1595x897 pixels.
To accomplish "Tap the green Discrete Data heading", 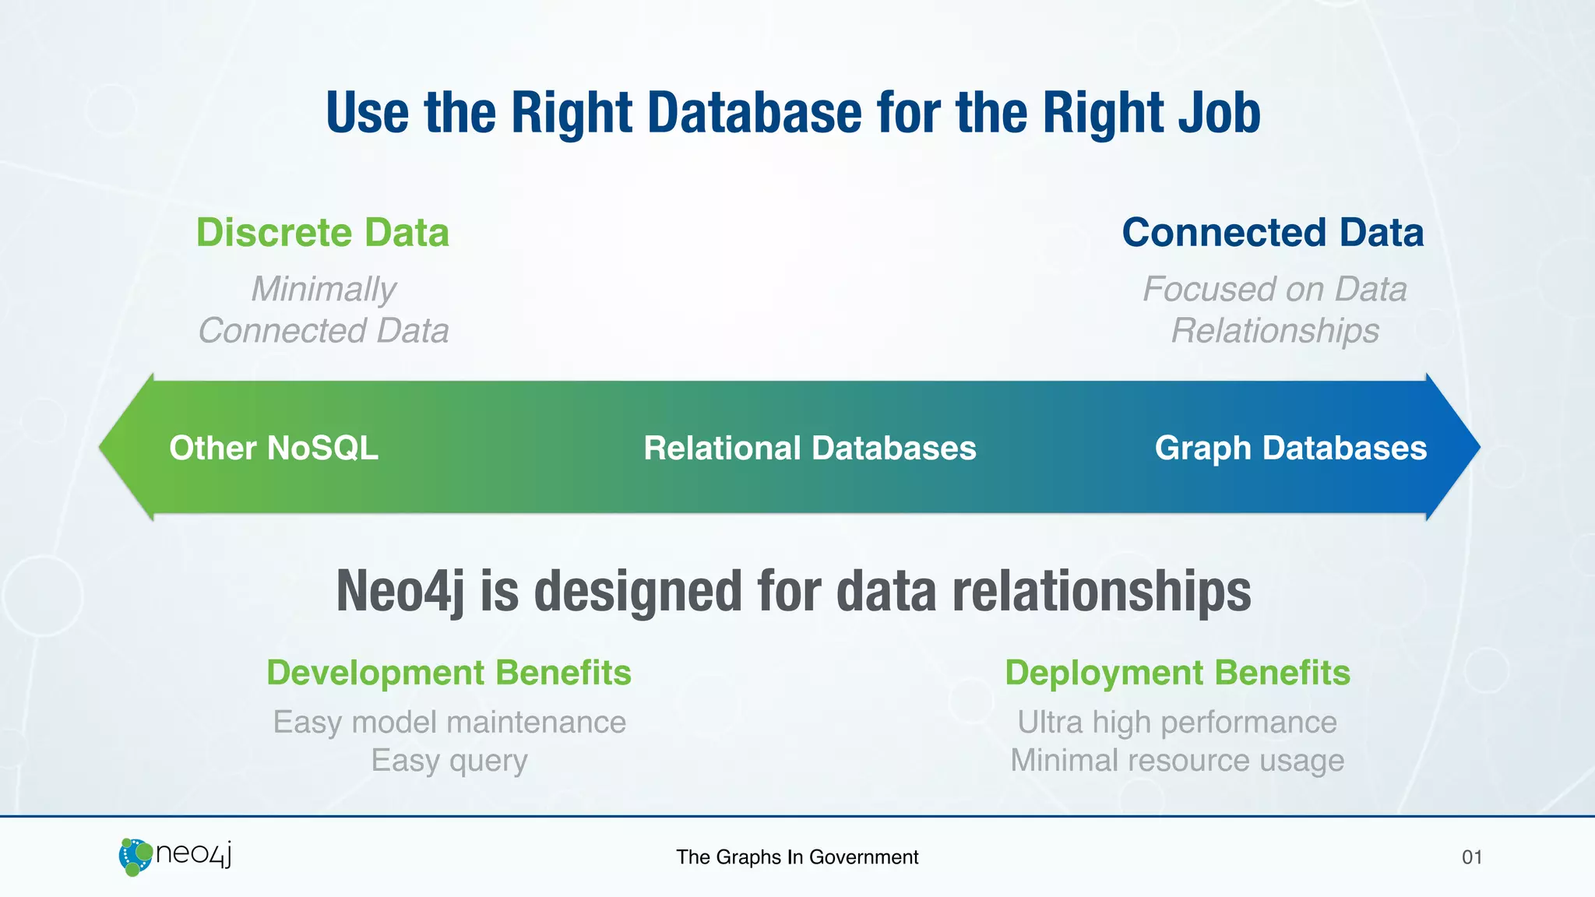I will click(x=322, y=233).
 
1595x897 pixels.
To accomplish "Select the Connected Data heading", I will click(x=1273, y=233).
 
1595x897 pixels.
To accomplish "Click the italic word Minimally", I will click(x=323, y=289).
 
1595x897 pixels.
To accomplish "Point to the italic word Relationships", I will click(x=1275, y=331).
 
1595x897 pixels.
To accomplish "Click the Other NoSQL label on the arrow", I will click(x=273, y=448).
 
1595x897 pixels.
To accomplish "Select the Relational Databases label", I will click(x=809, y=448).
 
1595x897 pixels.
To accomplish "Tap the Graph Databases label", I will click(x=1290, y=448).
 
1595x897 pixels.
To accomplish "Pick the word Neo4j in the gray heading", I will click(x=400, y=592).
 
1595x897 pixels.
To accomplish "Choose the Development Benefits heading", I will click(x=449, y=673).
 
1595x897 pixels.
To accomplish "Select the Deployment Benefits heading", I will click(x=1177, y=673).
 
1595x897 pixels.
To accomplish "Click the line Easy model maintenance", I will click(x=449, y=723).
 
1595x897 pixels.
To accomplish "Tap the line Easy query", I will click(x=449, y=761).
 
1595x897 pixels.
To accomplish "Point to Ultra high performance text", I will click(x=1177, y=723).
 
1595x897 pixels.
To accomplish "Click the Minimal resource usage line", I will click(x=1177, y=761).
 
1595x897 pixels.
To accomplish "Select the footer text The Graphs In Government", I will click(x=797, y=857).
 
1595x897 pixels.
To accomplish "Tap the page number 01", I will click(x=1471, y=857).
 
